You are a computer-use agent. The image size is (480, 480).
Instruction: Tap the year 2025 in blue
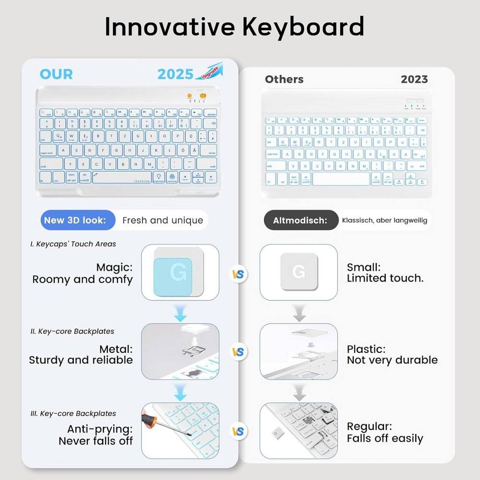click(x=175, y=74)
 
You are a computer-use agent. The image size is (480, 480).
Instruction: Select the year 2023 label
click(x=414, y=79)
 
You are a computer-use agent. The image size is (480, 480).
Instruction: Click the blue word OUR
click(x=56, y=74)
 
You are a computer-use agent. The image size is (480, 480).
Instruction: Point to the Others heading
click(x=284, y=79)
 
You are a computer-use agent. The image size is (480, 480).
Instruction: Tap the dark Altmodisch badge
click(x=300, y=220)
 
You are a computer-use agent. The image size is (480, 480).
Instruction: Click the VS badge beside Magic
click(x=238, y=275)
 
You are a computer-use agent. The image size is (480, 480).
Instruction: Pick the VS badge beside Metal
click(x=238, y=352)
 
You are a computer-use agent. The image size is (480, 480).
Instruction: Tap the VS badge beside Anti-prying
click(x=238, y=431)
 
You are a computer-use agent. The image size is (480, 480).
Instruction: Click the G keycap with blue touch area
click(x=178, y=272)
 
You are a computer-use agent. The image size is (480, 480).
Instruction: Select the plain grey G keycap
click(x=299, y=272)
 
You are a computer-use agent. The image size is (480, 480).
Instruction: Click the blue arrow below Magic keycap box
click(x=180, y=315)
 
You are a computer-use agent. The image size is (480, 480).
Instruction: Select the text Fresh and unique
click(x=163, y=220)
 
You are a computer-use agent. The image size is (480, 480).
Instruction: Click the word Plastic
click(x=366, y=349)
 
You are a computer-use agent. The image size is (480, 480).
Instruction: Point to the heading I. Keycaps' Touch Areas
click(x=73, y=244)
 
